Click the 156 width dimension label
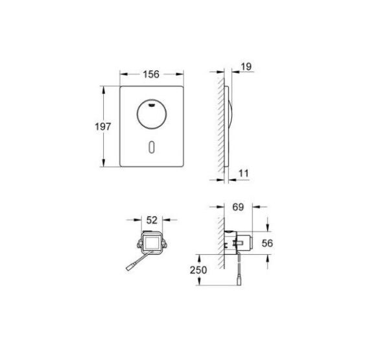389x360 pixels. point(150,74)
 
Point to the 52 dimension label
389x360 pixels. point(151,220)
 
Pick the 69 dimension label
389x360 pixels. point(239,208)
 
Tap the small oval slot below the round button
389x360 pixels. point(150,147)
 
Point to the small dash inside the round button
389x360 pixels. point(150,102)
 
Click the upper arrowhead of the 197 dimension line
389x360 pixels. point(104,87)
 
